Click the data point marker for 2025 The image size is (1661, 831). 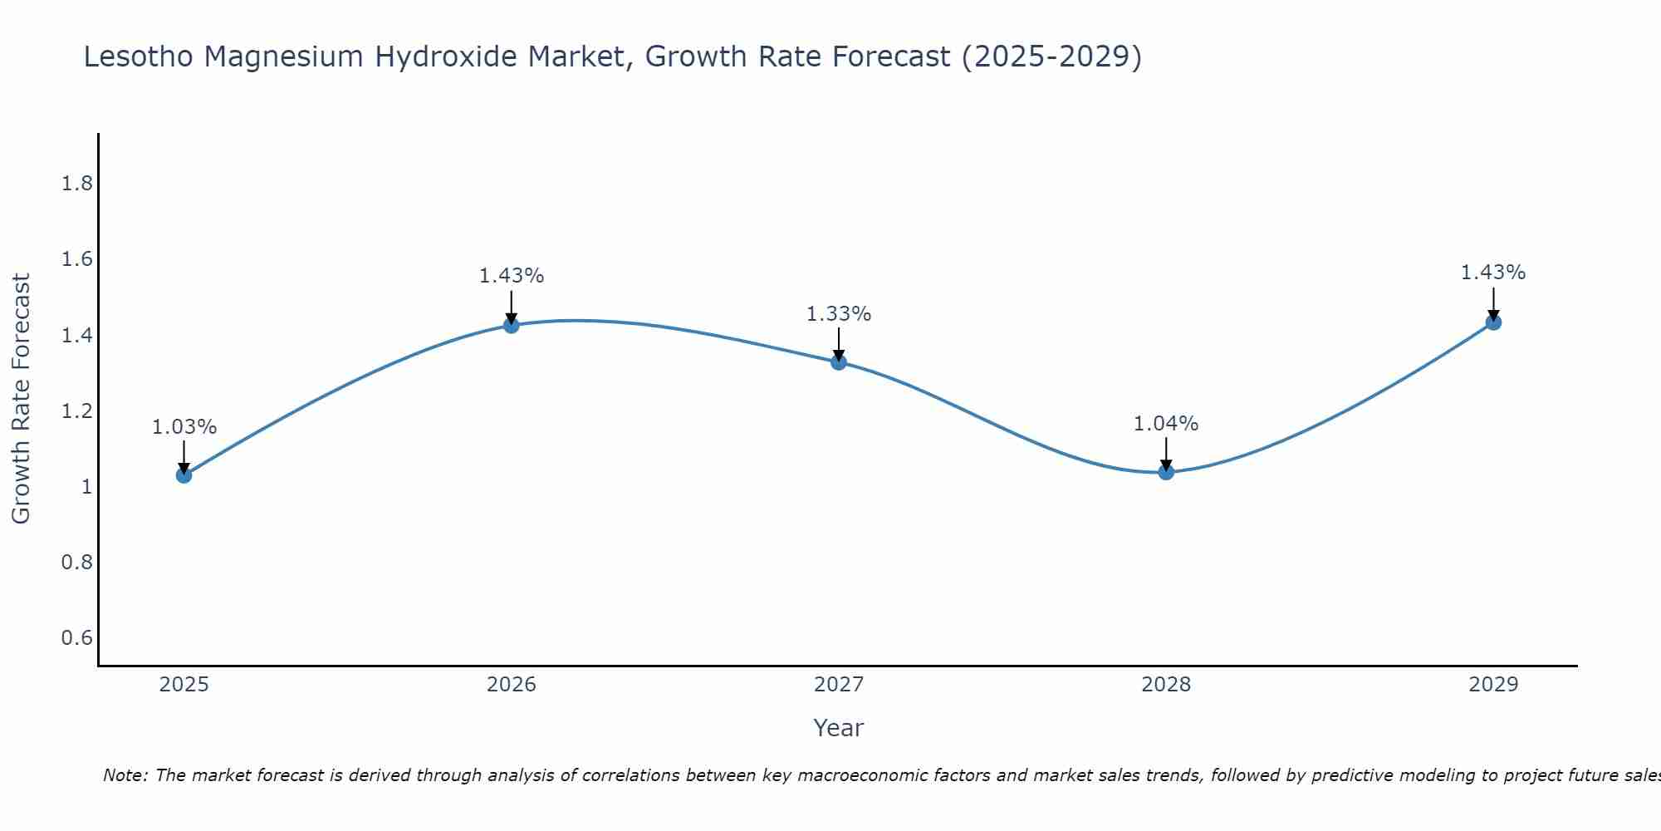184,475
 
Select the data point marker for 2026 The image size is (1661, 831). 512,325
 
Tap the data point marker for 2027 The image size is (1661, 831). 839,361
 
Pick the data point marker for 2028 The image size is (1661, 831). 1166,472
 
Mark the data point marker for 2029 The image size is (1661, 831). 1493,322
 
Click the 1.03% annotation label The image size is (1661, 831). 184,427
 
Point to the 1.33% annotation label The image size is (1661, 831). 839,314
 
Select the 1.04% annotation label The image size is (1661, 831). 1166,424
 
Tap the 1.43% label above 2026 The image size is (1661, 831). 512,276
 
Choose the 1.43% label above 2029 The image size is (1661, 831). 1493,273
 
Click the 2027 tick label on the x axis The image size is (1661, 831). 839,685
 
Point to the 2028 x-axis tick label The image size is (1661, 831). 1166,685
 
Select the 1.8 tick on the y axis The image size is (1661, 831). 76,184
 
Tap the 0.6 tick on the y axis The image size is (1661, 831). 76,638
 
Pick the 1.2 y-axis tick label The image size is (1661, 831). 76,411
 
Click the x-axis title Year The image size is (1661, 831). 839,728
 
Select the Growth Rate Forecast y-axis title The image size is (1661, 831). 21,399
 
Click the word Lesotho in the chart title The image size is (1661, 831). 140,57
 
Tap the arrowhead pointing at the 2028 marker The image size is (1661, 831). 1166,465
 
